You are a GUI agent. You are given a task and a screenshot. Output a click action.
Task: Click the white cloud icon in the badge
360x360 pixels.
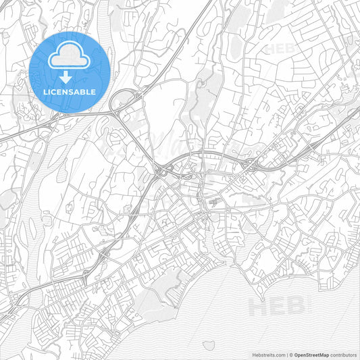70,56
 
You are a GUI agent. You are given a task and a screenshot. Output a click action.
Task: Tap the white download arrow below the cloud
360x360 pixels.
70,77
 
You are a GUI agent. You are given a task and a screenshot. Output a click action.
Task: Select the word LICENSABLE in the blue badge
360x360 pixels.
70,91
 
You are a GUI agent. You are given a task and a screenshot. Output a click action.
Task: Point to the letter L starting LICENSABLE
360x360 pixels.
45,91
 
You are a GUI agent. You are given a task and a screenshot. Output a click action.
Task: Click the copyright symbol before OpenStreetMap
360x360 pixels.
290,354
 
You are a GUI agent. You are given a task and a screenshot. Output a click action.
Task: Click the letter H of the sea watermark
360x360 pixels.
258,307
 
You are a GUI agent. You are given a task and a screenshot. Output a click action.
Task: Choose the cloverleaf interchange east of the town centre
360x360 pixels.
248,164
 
